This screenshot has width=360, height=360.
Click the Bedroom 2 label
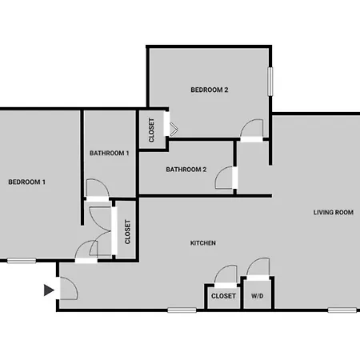210,90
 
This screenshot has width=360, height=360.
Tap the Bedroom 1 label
26,182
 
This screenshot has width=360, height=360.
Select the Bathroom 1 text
110,153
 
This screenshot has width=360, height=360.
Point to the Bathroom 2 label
186,170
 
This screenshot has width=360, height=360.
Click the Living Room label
334,213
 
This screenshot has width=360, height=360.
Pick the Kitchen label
203,243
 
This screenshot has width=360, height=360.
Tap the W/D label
258,296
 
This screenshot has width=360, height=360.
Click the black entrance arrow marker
49,290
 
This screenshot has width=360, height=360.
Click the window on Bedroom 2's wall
270,82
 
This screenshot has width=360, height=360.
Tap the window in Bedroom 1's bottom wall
22,261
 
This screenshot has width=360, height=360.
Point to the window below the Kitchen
182,310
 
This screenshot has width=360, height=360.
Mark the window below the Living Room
342,310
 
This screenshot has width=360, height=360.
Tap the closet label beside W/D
223,296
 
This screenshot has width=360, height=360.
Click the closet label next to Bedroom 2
151,130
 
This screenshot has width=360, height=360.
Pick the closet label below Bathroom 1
128,232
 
